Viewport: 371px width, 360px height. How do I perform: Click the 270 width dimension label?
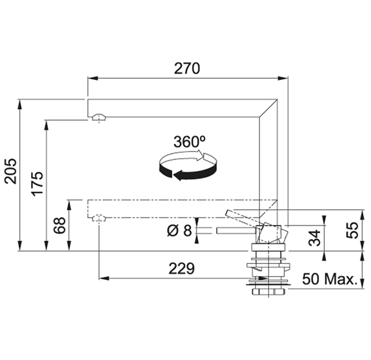(x=187, y=68)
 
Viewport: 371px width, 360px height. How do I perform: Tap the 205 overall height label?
(x=11, y=171)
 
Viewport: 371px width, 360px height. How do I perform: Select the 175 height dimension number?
(x=38, y=183)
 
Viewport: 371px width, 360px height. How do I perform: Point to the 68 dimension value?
(x=59, y=225)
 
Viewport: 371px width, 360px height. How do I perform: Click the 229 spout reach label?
(x=181, y=268)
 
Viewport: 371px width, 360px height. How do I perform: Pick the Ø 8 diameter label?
(x=179, y=231)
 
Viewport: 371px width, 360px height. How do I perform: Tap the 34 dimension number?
(x=315, y=238)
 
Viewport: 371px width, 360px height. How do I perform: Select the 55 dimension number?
(x=352, y=230)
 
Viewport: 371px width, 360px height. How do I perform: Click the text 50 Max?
(x=330, y=279)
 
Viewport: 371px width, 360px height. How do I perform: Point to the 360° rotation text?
(x=189, y=142)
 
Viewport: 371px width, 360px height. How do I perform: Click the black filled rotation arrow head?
(x=178, y=175)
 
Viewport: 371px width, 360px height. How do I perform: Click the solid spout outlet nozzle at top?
(x=99, y=117)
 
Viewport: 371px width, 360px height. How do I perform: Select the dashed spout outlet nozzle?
(x=99, y=218)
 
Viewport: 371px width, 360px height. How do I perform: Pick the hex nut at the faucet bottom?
(x=269, y=292)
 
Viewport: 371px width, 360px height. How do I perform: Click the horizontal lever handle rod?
(x=236, y=231)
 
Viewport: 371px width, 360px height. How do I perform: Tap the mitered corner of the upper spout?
(x=268, y=108)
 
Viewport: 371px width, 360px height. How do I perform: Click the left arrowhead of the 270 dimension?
(x=93, y=78)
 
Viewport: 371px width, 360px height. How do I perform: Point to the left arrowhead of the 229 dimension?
(x=104, y=278)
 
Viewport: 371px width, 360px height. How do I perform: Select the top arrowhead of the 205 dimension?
(x=20, y=104)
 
